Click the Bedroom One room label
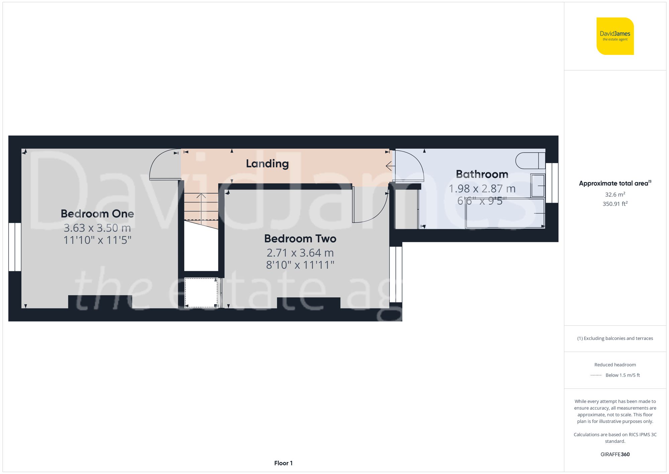pyautogui.click(x=97, y=214)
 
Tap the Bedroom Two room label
pyautogui.click(x=300, y=239)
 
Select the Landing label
pyautogui.click(x=267, y=163)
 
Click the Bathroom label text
pyautogui.click(x=482, y=174)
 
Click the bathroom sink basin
pyautogui.click(x=538, y=186)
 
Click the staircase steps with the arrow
pyautogui.click(x=201, y=206)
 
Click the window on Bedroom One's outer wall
pyautogui.click(x=15, y=247)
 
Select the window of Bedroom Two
pyautogui.click(x=396, y=274)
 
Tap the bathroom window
pyautogui.click(x=552, y=183)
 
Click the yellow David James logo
pyautogui.click(x=615, y=36)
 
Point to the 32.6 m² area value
pyautogui.click(x=615, y=195)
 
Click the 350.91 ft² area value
pyautogui.click(x=615, y=204)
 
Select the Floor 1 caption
pyautogui.click(x=283, y=463)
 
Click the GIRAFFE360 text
pyautogui.click(x=615, y=455)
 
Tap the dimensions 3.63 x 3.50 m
pyautogui.click(x=97, y=228)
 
